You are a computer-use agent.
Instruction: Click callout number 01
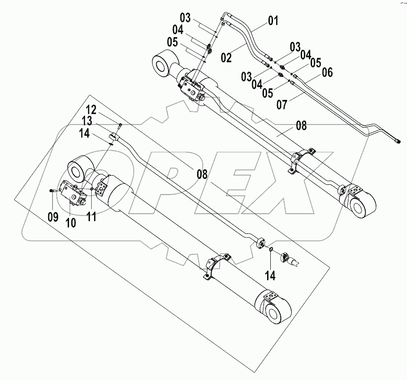point(272,20)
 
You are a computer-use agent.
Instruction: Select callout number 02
point(227,58)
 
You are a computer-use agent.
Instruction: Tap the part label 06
point(327,72)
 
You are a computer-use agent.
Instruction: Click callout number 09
point(53,217)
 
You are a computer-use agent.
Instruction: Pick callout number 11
point(91,217)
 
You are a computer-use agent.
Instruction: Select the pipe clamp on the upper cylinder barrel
point(302,159)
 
